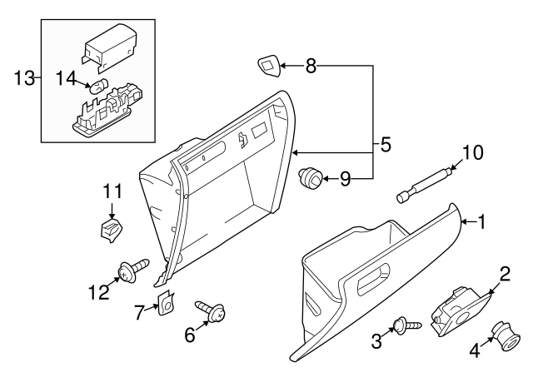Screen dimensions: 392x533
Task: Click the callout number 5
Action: click(385, 144)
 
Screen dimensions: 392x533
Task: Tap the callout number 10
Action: click(472, 152)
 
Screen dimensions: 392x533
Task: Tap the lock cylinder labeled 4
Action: click(504, 338)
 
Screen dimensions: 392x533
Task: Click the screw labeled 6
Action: click(210, 312)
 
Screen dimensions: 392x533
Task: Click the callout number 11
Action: click(112, 191)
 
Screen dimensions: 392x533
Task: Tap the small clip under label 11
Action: click(108, 229)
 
